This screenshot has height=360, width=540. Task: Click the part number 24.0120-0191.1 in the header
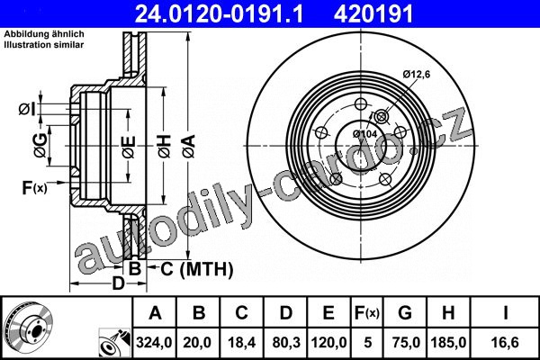(x=219, y=13)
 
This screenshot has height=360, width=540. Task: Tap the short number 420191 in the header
(x=373, y=13)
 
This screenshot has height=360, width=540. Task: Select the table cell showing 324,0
(x=154, y=342)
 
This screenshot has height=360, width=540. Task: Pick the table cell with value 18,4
(x=241, y=342)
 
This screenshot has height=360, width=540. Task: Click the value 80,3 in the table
(x=286, y=342)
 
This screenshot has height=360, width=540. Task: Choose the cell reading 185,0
(x=448, y=342)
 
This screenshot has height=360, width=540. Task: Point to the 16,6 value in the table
(x=505, y=342)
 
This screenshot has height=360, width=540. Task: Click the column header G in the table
(x=405, y=313)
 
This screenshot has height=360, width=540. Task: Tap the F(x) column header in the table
(x=367, y=313)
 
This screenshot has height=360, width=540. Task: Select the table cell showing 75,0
(x=405, y=342)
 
